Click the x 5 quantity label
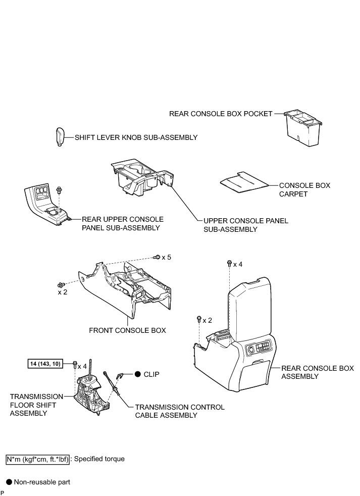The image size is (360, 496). (166, 258)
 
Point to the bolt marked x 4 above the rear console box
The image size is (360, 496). (229, 263)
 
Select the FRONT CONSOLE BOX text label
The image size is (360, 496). (127, 331)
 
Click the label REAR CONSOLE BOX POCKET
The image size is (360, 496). (221, 114)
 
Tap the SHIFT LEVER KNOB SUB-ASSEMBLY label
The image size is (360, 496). (136, 137)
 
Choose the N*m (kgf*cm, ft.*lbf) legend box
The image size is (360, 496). (37, 459)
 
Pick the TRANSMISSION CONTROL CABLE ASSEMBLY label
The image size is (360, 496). (179, 411)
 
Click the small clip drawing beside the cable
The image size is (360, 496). (121, 374)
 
